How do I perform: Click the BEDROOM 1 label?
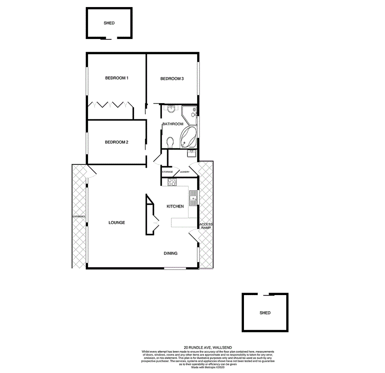click(x=117, y=78)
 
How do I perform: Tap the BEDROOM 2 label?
click(x=117, y=142)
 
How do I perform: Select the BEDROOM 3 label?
click(x=172, y=79)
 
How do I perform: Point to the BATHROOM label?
click(x=173, y=124)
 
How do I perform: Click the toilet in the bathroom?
click(x=169, y=143)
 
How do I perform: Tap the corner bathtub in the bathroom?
click(x=188, y=137)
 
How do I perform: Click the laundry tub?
click(x=192, y=155)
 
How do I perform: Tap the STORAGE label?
click(x=168, y=172)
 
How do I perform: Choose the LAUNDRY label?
click(x=185, y=172)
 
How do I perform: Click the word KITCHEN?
click(x=175, y=206)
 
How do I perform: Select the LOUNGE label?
click(x=117, y=223)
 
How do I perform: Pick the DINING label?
click(x=171, y=254)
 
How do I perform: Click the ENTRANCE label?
click(x=79, y=217)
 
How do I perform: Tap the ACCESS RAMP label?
click(x=206, y=226)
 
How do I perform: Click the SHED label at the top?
click(x=109, y=23)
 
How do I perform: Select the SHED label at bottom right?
click(x=265, y=313)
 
